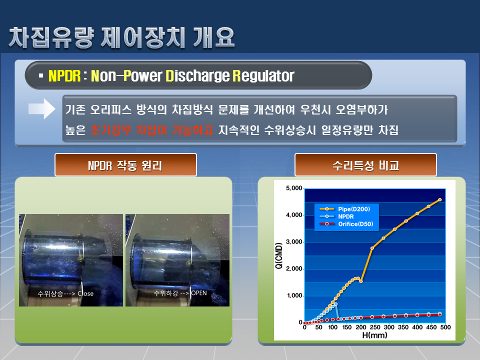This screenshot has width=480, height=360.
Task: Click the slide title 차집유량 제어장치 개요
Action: [121, 37]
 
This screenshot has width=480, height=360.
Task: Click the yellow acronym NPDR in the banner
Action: [64, 76]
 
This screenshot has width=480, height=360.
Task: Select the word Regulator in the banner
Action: [263, 76]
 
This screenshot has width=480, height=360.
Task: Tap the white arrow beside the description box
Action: [41, 108]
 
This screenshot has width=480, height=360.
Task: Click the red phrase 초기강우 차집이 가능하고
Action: [151, 130]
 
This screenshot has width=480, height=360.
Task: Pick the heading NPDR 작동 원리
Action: [125, 165]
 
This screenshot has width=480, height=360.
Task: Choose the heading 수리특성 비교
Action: [366, 165]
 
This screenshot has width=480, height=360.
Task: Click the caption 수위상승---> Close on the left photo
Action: [65, 293]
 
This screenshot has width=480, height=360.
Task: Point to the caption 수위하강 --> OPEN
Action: [180, 293]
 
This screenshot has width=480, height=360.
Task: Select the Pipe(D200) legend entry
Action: [344, 209]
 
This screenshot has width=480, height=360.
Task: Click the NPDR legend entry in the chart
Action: [336, 216]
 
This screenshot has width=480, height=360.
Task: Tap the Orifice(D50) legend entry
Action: [346, 224]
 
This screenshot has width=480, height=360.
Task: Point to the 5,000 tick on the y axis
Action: [294, 188]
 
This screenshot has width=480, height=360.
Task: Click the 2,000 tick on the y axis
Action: [294, 268]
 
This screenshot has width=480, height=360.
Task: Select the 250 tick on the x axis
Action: [375, 327]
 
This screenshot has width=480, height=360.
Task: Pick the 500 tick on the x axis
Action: [445, 327]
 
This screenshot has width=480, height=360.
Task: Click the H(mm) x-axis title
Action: [374, 335]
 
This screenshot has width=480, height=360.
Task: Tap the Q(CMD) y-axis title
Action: [279, 255]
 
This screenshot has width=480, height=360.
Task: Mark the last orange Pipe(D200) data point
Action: [440, 200]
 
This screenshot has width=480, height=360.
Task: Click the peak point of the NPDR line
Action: [336, 304]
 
